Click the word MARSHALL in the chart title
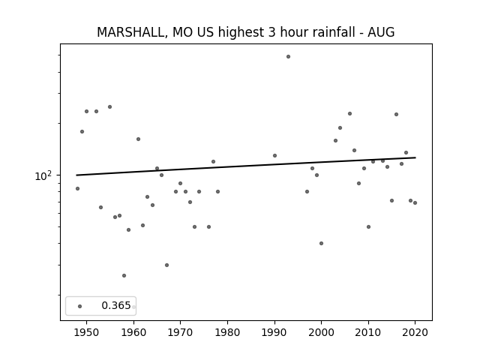[132, 32]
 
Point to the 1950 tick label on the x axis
[87, 332]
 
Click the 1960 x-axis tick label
[133, 332]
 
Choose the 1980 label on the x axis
[227, 332]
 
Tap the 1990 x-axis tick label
[274, 332]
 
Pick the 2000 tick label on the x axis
[322, 332]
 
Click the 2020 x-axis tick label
[415, 332]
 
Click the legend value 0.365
[116, 305]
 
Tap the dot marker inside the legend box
[80, 306]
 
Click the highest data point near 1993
[288, 57]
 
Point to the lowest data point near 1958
[124, 275]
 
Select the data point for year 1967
[166, 265]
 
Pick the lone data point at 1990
[275, 155]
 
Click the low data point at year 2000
[322, 243]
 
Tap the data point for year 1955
[110, 106]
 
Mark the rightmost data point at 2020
[415, 202]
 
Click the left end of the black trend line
[76, 175]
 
